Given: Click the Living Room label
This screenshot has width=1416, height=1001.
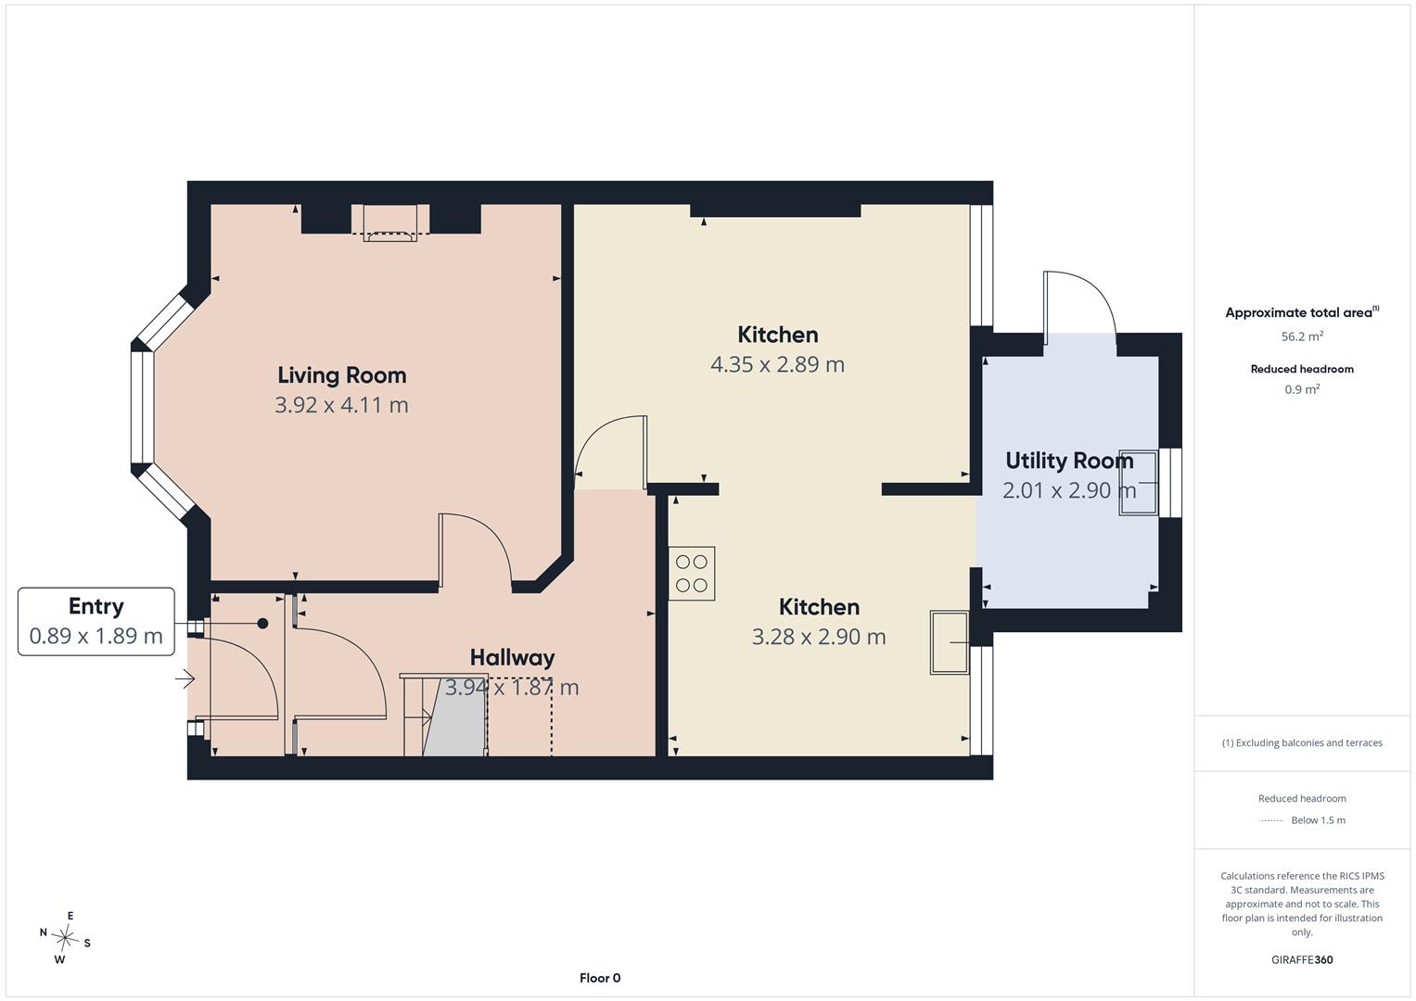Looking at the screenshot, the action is point(341,375).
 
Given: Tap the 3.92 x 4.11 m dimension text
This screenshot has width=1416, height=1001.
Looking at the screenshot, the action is point(341,405).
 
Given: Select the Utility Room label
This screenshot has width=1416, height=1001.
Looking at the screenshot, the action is point(1069,461).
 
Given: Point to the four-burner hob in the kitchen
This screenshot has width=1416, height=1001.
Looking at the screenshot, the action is point(692,573).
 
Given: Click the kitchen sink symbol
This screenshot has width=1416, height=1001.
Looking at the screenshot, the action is point(950,642).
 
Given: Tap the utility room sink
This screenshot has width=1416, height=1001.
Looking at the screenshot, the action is point(1139,483).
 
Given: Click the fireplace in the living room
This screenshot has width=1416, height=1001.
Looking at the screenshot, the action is point(390,223).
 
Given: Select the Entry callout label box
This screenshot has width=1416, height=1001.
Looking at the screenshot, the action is point(96,621).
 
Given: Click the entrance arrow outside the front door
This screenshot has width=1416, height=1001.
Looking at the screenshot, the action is point(185,678).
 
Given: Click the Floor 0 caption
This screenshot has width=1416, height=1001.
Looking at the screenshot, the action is point(600,978).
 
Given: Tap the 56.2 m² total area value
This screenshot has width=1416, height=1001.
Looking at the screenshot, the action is point(1302,336).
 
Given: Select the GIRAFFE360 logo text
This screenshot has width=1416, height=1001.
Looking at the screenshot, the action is point(1302,959).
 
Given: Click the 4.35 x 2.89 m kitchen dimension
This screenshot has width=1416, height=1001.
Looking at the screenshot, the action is point(777,364).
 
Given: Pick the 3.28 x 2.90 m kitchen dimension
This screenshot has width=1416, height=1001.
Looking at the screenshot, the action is point(819,637).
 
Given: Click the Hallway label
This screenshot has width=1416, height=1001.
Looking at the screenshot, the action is point(512,658).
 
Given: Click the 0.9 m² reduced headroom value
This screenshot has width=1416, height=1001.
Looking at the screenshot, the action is point(1302,389).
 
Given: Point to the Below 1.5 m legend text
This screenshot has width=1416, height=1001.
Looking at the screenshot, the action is point(1318,820).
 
